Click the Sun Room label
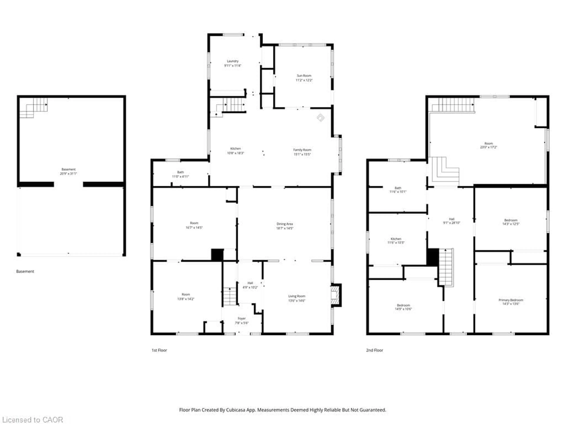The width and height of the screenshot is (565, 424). coord(304,76)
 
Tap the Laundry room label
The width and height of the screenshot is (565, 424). coord(233,61)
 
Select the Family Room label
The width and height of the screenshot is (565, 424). coord(302,150)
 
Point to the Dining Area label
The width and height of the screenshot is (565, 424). coord(285,224)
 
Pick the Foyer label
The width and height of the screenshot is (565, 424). coord(242,318)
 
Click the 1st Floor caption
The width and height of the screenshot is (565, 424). coord(159,350)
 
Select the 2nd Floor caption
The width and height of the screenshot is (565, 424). coord(374,350)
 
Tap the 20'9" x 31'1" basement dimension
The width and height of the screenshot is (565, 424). coord(68,174)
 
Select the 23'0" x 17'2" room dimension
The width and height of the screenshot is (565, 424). coord(488,147)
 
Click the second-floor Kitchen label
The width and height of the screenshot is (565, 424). coord(396,239)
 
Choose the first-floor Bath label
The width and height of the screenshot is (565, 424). coord(180,172)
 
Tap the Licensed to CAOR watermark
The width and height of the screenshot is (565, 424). coord(32,420)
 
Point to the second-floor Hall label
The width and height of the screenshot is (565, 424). coord(452,219)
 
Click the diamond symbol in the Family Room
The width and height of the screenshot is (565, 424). coord(321,118)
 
